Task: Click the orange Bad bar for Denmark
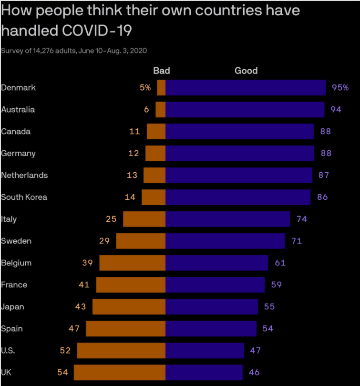(x=161, y=88)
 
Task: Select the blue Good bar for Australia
(x=245, y=110)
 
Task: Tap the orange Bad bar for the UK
(x=119, y=373)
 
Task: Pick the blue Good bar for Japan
(x=212, y=307)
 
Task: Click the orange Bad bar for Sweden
(x=141, y=241)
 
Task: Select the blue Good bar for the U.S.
(x=205, y=351)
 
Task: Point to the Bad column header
(x=161, y=71)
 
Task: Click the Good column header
(x=246, y=71)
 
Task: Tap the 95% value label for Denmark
(x=340, y=88)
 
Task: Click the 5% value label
(x=145, y=88)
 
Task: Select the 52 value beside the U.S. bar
(x=65, y=351)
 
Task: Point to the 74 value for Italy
(x=301, y=219)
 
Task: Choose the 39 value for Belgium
(x=87, y=263)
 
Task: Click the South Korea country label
(x=24, y=197)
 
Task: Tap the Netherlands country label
(x=25, y=175)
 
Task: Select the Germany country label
(x=19, y=154)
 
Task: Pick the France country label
(x=14, y=285)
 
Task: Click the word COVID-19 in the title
(x=96, y=30)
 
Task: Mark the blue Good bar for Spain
(x=211, y=329)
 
